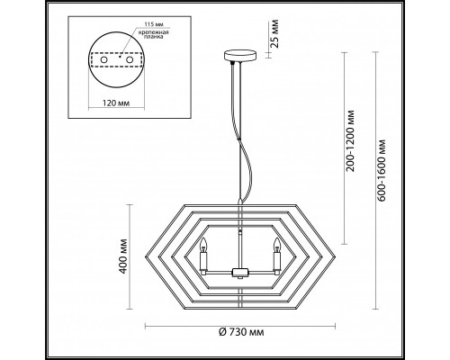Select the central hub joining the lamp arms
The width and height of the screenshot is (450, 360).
pyautogui.click(x=238, y=273)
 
